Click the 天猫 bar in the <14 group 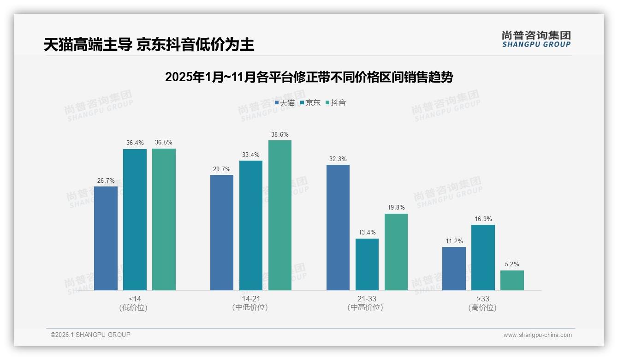click(x=106, y=238)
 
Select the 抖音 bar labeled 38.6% click(x=280, y=215)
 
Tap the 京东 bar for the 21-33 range click(x=367, y=264)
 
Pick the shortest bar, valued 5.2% click(x=512, y=280)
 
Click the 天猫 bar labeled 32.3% click(x=338, y=228)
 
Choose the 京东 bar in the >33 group click(x=483, y=258)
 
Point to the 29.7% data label click(x=222, y=169)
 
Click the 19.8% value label click(x=396, y=208)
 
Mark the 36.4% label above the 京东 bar click(x=135, y=143)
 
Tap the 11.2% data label click(x=454, y=241)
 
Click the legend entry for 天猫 click(x=285, y=103)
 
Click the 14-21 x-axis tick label click(x=250, y=299)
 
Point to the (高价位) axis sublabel click(x=482, y=307)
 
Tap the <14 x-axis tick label click(x=135, y=299)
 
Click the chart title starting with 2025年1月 click(x=309, y=77)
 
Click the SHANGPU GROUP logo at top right click(x=536, y=39)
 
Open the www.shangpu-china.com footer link click(x=537, y=335)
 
